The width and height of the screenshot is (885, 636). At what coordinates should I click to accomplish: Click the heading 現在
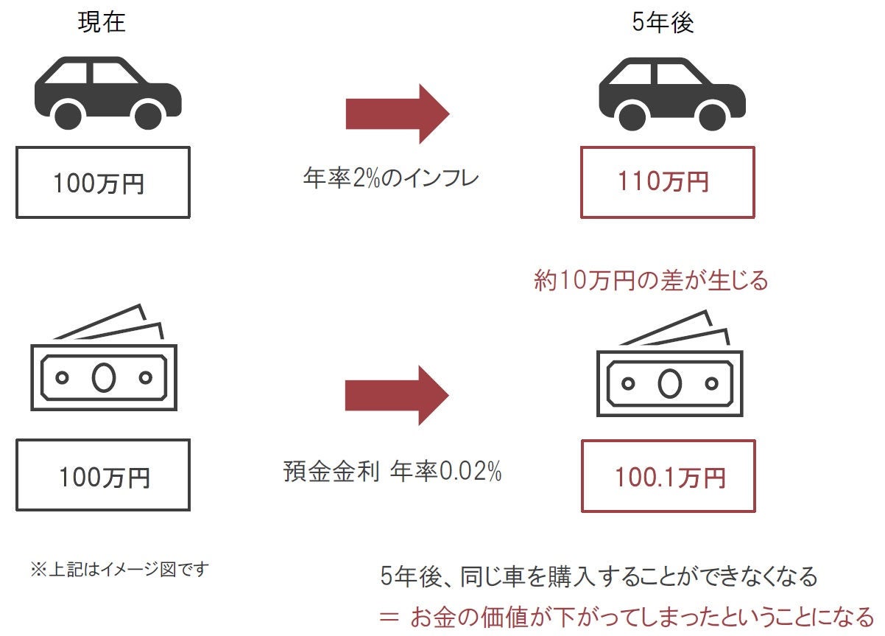[x=102, y=23]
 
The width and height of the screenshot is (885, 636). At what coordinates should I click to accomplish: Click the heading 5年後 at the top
[x=662, y=23]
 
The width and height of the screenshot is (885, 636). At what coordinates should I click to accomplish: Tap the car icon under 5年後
[x=671, y=94]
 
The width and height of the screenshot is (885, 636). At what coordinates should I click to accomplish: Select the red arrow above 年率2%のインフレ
[x=397, y=113]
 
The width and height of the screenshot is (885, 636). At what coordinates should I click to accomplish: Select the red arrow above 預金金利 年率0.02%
[x=397, y=395]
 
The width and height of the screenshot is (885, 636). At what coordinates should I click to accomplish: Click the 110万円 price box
[x=667, y=182]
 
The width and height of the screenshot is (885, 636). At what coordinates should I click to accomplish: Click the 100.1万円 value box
[x=668, y=476]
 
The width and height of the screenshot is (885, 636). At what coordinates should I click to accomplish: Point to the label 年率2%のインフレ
[x=391, y=179]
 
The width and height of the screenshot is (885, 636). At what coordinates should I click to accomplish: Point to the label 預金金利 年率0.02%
[x=392, y=472]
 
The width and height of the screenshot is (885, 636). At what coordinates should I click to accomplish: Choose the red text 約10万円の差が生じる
[x=650, y=281]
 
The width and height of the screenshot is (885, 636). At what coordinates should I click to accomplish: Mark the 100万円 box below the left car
[x=102, y=182]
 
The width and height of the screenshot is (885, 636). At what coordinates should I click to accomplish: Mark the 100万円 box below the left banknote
[x=102, y=476]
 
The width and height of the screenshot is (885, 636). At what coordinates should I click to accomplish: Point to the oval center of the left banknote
[x=103, y=377]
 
